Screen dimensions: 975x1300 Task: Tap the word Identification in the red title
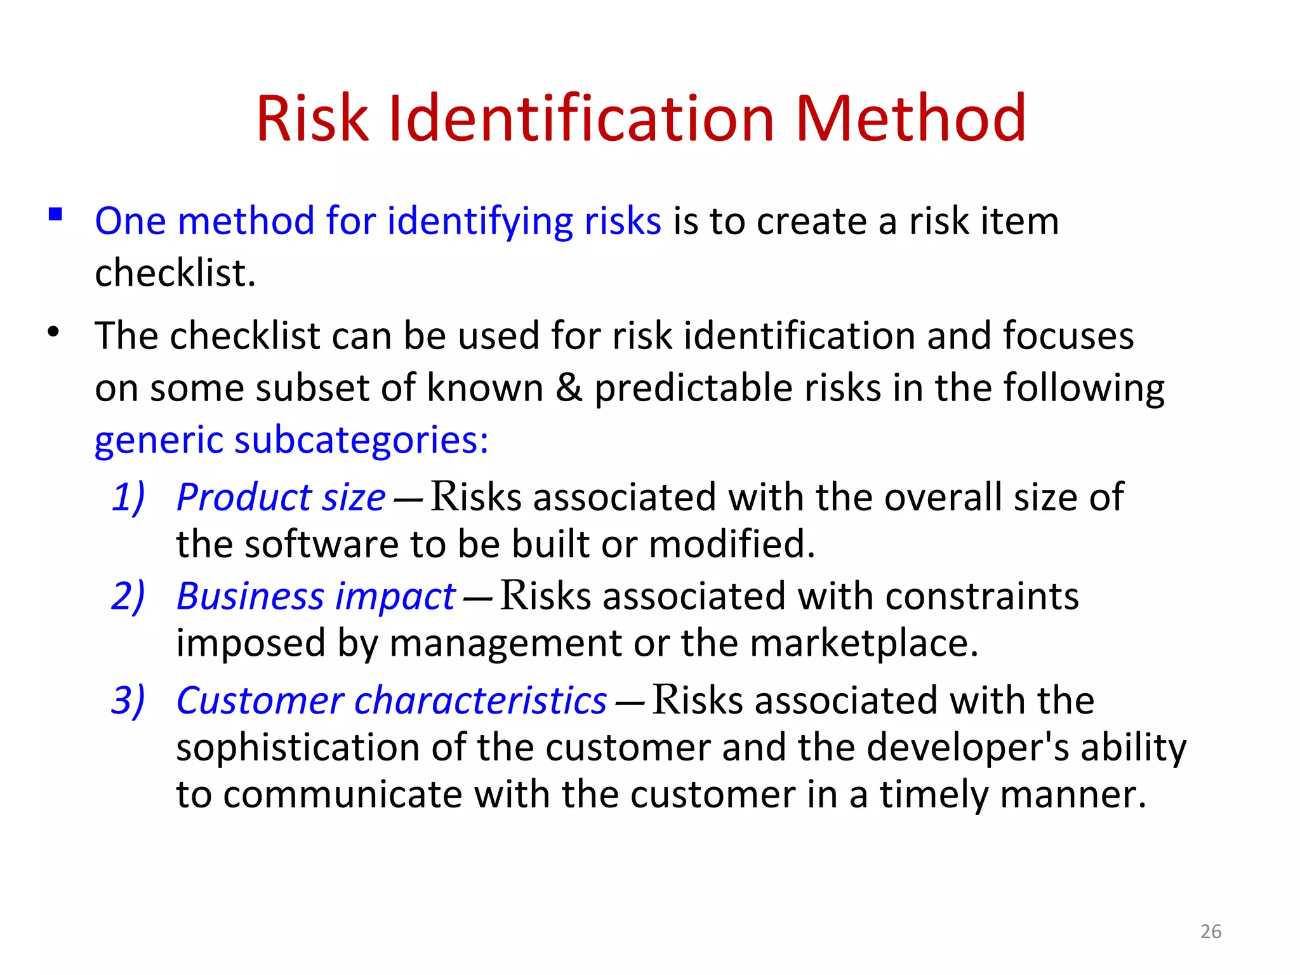coord(581,119)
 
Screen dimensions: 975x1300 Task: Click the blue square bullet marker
coord(56,215)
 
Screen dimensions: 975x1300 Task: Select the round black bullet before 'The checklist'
coord(54,332)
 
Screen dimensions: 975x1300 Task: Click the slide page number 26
coord(1210,931)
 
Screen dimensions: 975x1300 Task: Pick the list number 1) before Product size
coord(128,496)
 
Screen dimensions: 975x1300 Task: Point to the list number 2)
coord(128,596)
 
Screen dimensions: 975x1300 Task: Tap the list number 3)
coord(128,700)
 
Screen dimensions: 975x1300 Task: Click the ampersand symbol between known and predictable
coord(569,388)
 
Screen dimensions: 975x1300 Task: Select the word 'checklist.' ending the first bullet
coord(175,274)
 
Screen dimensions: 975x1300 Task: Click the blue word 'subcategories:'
coord(361,440)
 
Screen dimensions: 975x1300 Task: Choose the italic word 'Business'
coord(251,597)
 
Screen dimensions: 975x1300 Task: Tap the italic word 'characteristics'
coord(481,701)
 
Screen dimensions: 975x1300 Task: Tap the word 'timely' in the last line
coord(932,795)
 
